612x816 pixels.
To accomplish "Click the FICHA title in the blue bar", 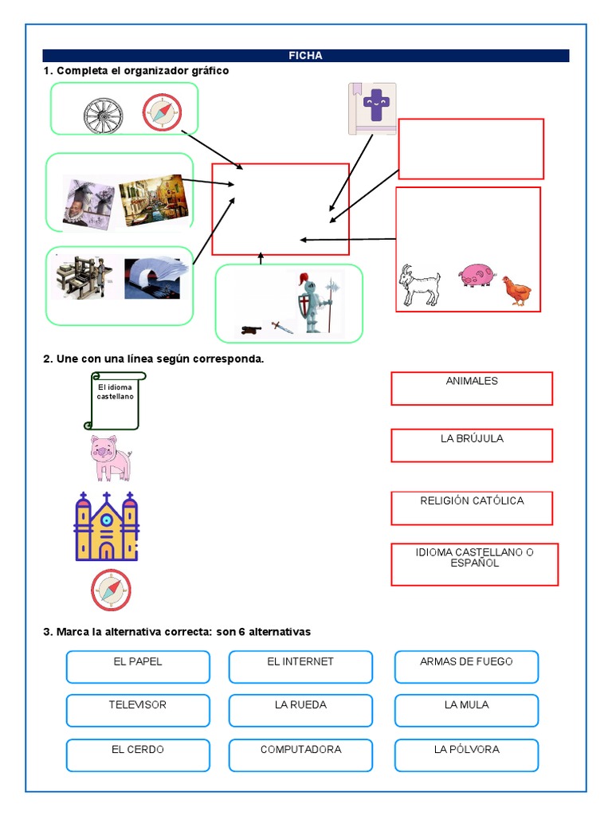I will (305, 56).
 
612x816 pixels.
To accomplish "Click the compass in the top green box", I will (162, 112).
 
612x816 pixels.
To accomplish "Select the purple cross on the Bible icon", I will (373, 103).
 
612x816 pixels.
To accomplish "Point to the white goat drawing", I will (419, 285).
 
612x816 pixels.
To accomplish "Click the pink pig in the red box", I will (477, 276).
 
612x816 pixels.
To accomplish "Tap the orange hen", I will (516, 291).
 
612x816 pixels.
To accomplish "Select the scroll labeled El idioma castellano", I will (115, 401).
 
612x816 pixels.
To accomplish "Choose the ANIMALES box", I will (472, 388).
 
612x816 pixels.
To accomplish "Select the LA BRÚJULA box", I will (472, 445).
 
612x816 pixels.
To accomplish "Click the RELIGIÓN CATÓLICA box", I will (472, 508).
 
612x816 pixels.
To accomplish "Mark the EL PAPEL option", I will (138, 667).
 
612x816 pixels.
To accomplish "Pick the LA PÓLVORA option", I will (466, 755).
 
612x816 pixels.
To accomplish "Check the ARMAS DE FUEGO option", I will (466, 667).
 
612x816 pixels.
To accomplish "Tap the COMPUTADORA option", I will (300, 755).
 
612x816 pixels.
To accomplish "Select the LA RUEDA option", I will (300, 710).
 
